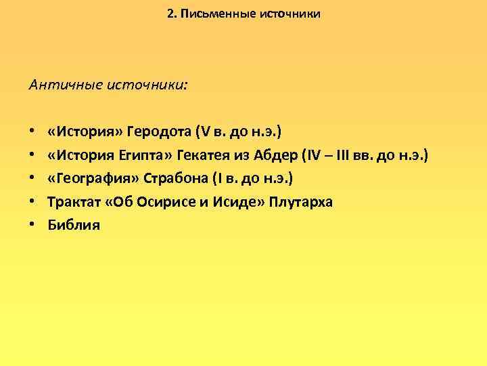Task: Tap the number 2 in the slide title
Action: (170, 13)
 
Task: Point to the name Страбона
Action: (172, 178)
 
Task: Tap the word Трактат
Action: (73, 202)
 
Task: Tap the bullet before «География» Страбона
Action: (32, 178)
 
